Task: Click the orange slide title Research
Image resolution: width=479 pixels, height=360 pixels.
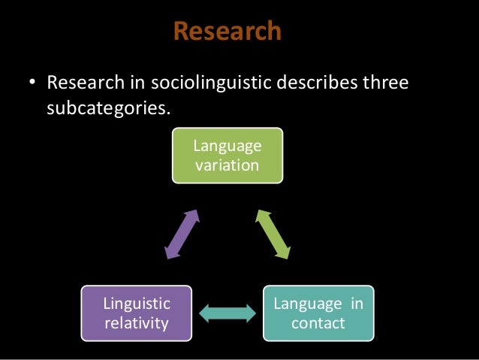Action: [227, 31]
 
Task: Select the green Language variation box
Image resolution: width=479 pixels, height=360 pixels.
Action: [227, 156]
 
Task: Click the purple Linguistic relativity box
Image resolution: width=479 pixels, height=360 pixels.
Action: [137, 313]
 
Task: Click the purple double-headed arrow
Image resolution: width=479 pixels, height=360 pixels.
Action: [182, 234]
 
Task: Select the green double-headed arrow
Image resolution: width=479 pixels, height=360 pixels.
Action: [273, 234]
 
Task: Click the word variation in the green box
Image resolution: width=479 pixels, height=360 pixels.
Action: [227, 165]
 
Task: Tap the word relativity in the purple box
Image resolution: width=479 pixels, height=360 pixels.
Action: [137, 323]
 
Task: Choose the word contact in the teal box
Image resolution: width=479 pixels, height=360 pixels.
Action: [318, 324]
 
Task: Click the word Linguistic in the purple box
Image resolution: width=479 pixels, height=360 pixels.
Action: [137, 304]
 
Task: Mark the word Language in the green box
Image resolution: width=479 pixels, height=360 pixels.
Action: [227, 147]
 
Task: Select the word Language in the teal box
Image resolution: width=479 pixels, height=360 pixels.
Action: [306, 304]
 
